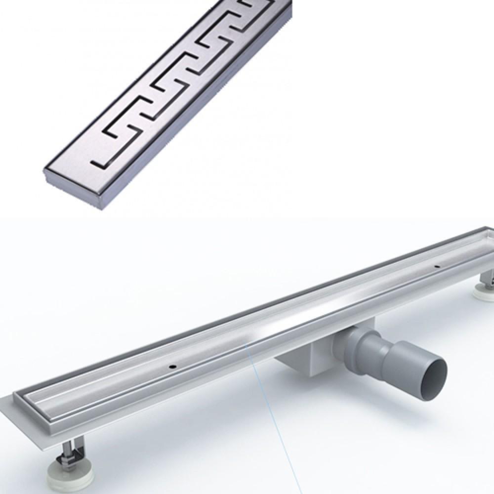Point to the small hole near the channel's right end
(437, 267)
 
